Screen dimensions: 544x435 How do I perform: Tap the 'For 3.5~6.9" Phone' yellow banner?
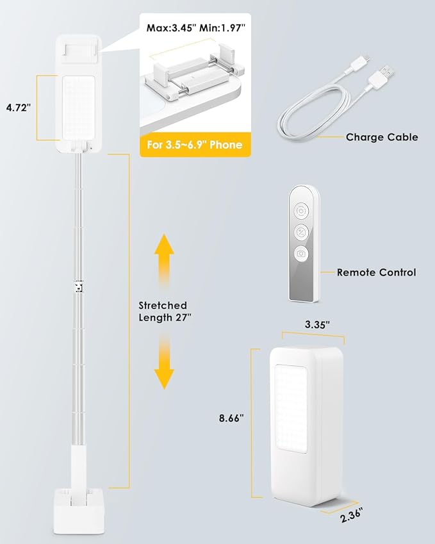pos(195,144)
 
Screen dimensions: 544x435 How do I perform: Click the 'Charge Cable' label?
pos(382,136)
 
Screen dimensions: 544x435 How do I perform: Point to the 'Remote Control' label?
pos(377,272)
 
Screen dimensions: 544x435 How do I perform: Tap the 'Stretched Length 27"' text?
pos(166,311)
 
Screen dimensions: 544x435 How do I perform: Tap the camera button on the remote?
pos(302,253)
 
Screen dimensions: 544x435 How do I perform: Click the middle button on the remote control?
pos(302,231)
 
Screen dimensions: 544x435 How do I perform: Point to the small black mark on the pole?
pos(79,286)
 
